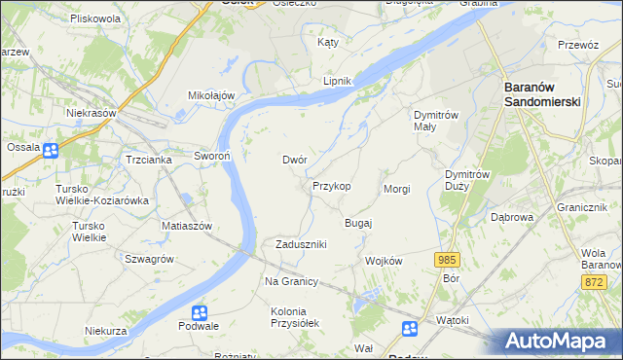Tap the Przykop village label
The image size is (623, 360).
click(331, 185)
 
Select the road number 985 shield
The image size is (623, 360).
click(447, 259)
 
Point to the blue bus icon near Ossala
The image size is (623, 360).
click(50, 150)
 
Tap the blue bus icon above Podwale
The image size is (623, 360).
click(199, 313)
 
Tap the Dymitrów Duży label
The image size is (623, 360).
click(464, 180)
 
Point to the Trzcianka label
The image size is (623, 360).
click(149, 160)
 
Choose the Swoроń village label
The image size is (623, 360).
click(211, 157)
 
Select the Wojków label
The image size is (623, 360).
click(383, 261)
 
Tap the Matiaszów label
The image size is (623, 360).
click(187, 225)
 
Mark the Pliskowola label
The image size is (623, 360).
click(95, 18)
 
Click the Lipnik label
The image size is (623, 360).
click(336, 81)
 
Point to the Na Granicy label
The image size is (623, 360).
click(292, 281)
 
